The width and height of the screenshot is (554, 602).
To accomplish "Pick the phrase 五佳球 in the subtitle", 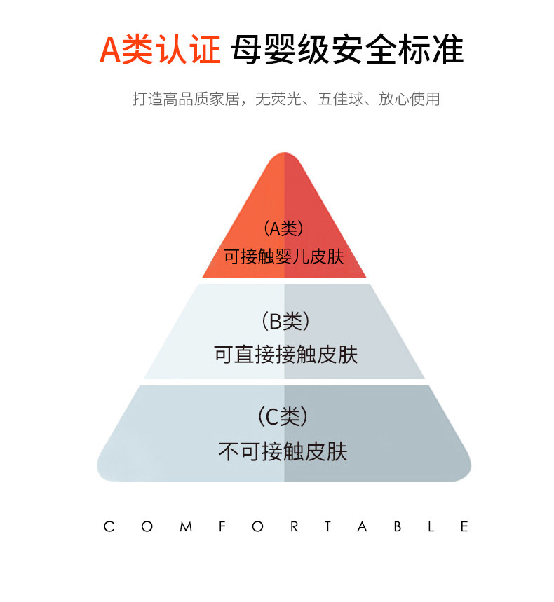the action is tap(339, 99).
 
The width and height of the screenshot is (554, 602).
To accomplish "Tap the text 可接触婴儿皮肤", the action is tap(284, 256).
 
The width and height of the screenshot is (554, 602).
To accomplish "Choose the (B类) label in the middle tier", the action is tap(285, 322).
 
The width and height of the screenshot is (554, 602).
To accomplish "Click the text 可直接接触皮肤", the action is tap(285, 355).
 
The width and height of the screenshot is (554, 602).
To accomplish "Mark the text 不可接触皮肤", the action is tap(283, 451).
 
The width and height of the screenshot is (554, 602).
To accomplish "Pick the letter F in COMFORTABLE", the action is tap(221, 526).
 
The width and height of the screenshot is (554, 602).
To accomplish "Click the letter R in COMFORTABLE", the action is tap(294, 526).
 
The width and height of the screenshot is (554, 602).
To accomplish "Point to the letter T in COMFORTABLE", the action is tap(328, 526).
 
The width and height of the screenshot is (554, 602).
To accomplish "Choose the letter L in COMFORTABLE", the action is tap(431, 526).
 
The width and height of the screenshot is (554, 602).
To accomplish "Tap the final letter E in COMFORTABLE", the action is tap(464, 526).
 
